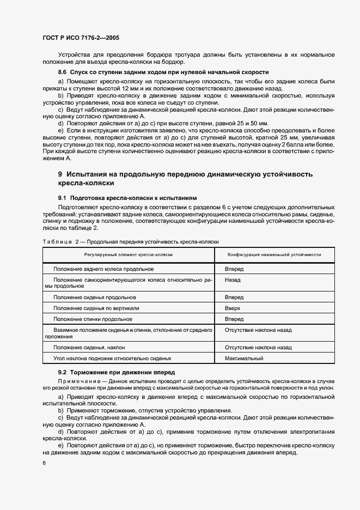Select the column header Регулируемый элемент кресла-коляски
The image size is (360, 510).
(x=129, y=254)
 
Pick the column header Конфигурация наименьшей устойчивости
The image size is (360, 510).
(x=274, y=254)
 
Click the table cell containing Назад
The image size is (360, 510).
(x=233, y=280)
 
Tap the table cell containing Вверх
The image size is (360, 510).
(x=233, y=308)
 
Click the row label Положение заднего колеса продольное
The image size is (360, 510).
(x=103, y=269)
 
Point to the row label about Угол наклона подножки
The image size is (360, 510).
(x=112, y=359)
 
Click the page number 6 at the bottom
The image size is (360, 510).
(x=44, y=463)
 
